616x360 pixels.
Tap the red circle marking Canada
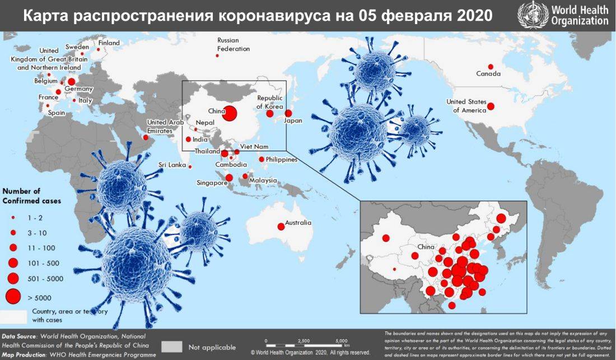click(x=491, y=66)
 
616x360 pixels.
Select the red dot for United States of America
click(x=491, y=106)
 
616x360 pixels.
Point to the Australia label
click(x=298, y=223)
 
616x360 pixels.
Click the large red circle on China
click(x=229, y=113)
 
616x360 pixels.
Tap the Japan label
click(x=293, y=121)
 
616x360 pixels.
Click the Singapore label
click(x=211, y=183)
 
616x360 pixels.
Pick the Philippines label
click(x=282, y=160)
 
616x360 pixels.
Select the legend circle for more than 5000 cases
click(x=13, y=297)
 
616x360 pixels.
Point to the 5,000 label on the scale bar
click(x=342, y=340)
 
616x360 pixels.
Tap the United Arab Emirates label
click(x=164, y=126)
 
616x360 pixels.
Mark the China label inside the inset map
click(x=426, y=246)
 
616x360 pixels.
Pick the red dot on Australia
click(x=281, y=227)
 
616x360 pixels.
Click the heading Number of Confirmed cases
click(x=32, y=196)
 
